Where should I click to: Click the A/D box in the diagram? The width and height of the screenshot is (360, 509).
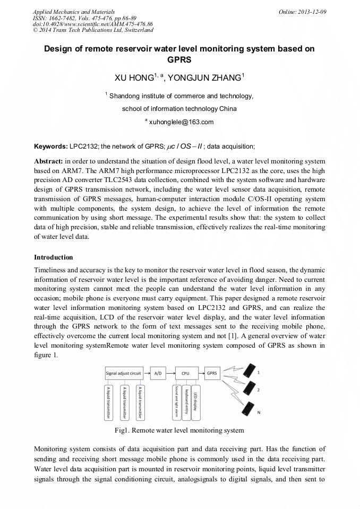[x=158, y=373]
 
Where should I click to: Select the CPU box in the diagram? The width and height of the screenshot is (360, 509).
[x=185, y=373]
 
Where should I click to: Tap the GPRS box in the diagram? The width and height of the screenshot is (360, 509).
[x=212, y=373]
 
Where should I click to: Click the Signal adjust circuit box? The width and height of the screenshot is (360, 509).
[x=124, y=373]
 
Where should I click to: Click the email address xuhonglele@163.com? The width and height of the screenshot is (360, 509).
[x=181, y=122]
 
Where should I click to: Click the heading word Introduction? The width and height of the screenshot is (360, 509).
[x=54, y=257]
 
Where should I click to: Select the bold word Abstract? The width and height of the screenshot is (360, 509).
[x=48, y=160]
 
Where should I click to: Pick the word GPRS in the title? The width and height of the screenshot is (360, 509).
[x=179, y=59]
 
